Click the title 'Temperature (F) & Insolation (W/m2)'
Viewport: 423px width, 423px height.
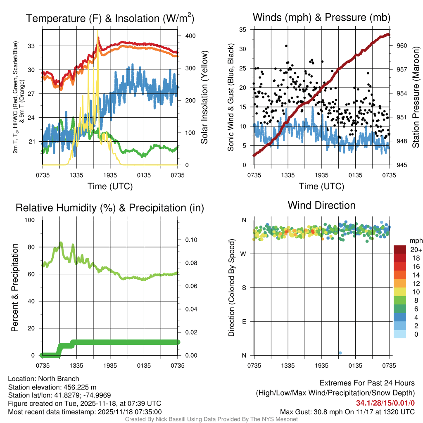coord(110,18)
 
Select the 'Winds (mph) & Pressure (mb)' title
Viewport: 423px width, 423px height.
coord(321,17)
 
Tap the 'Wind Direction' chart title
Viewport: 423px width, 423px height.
coord(321,205)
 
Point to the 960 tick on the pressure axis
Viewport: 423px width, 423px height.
coord(402,45)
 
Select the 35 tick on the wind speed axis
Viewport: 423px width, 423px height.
coord(244,29)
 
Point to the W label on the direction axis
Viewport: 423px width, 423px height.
coord(244,254)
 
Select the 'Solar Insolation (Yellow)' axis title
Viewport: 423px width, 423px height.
coord(204,97)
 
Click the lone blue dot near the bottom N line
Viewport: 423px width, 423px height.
coord(340,353)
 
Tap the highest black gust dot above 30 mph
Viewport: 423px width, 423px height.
coord(286,46)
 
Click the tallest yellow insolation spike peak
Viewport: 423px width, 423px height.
coord(98,31)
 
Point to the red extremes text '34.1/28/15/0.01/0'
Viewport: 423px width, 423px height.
coord(385,403)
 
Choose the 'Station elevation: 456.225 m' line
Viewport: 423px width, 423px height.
coord(52,387)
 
